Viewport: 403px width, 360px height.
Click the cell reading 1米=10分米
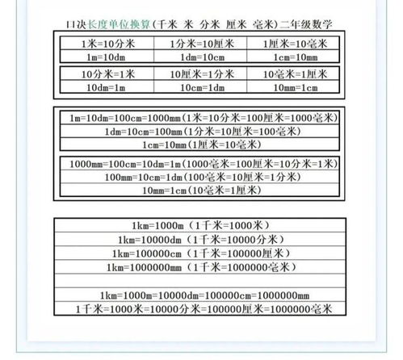103,41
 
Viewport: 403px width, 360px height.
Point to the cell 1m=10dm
103,56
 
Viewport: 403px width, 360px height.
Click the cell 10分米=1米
103,73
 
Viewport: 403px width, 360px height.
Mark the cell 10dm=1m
103,87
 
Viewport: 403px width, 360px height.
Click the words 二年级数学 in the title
309,25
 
